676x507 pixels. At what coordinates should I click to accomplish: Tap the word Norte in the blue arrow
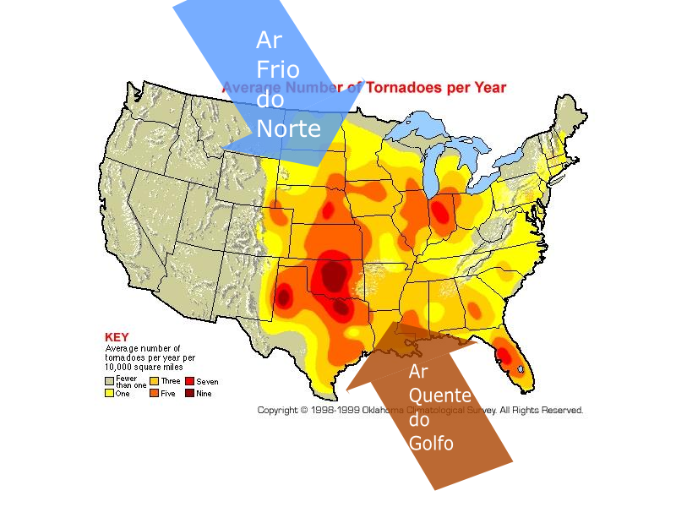(289, 129)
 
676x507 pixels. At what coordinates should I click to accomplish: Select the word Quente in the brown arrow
(439, 395)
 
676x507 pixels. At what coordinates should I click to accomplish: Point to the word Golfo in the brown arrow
(431, 442)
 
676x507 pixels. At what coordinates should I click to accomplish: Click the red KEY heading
(117, 336)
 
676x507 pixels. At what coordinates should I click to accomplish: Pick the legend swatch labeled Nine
(189, 393)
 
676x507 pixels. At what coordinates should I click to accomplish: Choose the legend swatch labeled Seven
(189, 382)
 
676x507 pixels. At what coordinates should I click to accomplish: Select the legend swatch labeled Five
(154, 393)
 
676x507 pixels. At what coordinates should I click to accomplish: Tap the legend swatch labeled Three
(154, 382)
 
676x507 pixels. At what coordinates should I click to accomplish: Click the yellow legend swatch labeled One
(109, 393)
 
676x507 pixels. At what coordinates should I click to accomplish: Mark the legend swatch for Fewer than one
(109, 381)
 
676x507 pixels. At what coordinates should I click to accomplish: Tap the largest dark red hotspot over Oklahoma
(333, 275)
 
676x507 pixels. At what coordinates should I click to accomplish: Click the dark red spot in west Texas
(283, 297)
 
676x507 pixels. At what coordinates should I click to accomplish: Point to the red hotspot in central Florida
(504, 356)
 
